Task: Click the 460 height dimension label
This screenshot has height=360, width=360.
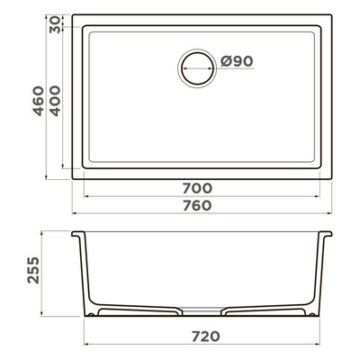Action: click(38, 101)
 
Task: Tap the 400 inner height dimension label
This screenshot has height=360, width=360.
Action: click(55, 101)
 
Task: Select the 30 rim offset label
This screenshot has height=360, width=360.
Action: click(55, 25)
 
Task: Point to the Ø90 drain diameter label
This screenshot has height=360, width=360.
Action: click(237, 61)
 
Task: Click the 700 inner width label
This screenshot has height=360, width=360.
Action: click(197, 188)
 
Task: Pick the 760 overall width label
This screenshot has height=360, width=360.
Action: click(197, 206)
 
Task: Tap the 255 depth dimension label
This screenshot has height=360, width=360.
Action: click(33, 270)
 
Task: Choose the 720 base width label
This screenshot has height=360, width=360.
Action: click(206, 337)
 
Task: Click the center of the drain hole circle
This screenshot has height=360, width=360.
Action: click(197, 68)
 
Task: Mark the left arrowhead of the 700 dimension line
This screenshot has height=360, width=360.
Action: click(86, 196)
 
